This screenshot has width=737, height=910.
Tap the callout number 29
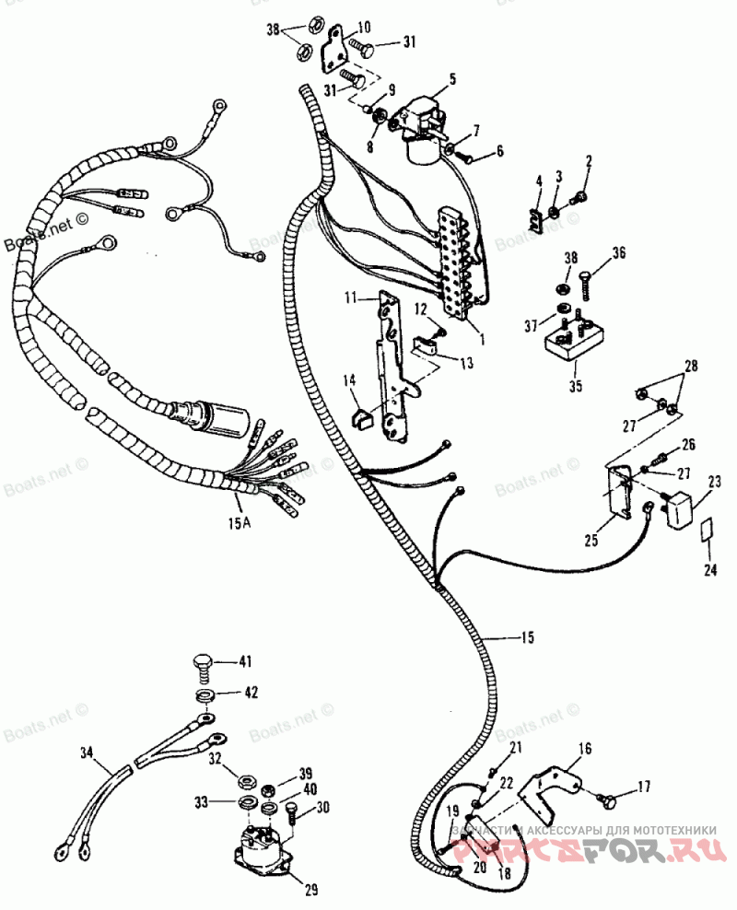coord(310,890)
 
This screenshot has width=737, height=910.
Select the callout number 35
coord(575,386)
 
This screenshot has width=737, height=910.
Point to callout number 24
coord(709,570)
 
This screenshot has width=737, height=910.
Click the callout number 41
coord(245,661)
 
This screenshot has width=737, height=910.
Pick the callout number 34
coord(88,753)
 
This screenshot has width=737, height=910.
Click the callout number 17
coord(643,787)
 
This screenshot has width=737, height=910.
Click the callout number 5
coord(454,80)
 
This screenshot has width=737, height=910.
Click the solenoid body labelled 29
coord(263,846)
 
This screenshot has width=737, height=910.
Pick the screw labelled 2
coord(580,195)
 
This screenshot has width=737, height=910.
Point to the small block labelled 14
coord(361,419)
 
